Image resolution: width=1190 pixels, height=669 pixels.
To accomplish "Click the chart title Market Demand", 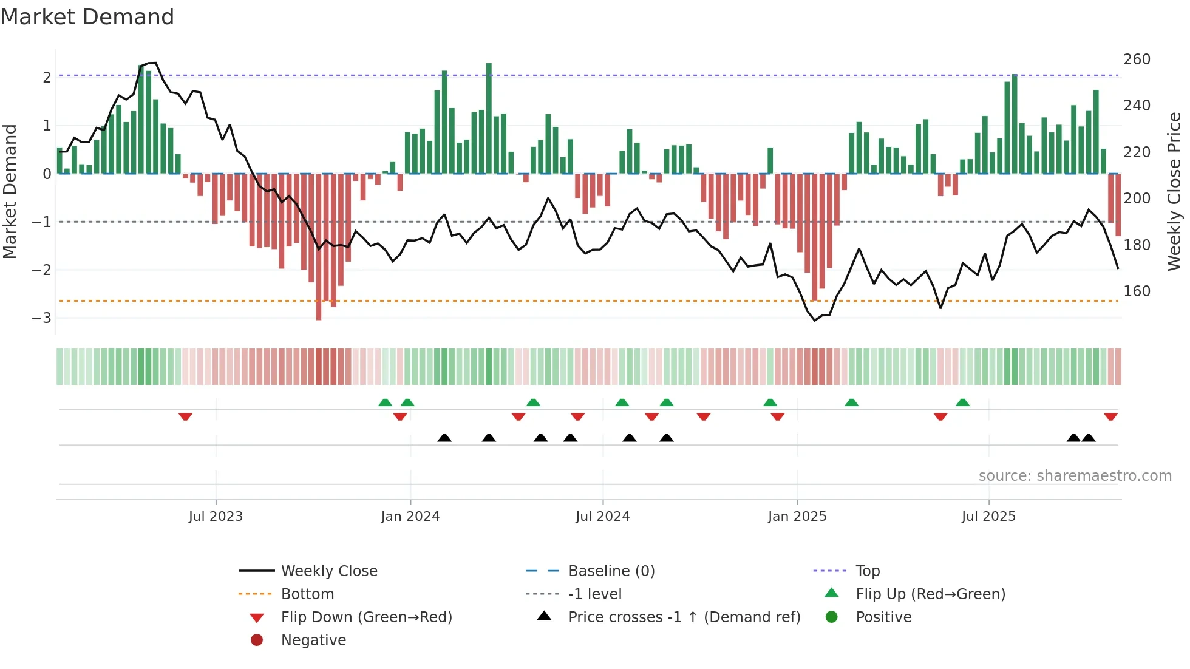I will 87,17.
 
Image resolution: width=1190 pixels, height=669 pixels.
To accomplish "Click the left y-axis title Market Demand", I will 10,191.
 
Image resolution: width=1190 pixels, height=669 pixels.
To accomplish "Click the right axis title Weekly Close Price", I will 1174,191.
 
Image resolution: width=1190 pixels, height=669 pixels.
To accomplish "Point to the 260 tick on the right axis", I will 1137,59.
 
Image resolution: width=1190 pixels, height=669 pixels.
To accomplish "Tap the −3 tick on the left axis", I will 41,318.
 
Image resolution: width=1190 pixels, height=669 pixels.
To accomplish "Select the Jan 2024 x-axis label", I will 410,517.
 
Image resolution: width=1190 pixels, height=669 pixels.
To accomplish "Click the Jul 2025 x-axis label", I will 988,517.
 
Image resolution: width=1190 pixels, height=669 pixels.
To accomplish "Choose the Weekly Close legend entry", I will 328,571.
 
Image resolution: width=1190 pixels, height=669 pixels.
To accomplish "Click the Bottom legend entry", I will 307,594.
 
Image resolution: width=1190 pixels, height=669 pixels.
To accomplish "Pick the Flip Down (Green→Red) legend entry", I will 366,617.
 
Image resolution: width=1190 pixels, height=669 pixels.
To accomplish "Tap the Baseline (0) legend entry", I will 611,571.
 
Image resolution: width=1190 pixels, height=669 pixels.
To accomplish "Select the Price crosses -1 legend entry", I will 684,617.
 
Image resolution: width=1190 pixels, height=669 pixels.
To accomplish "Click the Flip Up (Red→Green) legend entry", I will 930,594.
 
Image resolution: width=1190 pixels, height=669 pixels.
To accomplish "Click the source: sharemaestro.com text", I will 1075,476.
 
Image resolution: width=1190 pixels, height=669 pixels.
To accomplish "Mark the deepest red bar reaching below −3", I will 319,246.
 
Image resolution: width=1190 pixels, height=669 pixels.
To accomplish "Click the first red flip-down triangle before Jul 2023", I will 185,416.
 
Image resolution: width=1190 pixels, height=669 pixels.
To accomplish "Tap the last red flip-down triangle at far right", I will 1110,416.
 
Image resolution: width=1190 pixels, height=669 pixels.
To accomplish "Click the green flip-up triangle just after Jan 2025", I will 851,402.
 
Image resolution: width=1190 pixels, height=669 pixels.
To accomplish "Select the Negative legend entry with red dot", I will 313,640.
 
